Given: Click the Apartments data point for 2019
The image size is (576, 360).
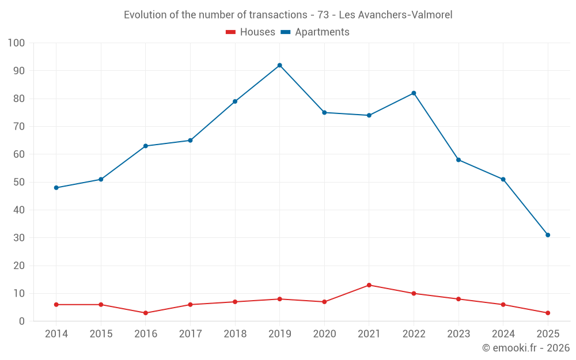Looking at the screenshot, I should click(279, 65).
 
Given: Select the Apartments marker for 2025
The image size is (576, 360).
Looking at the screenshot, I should click(548, 235).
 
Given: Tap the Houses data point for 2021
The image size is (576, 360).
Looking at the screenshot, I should click(369, 285).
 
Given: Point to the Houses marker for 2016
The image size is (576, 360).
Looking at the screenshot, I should click(146, 313).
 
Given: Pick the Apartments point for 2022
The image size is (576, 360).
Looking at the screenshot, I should click(414, 93).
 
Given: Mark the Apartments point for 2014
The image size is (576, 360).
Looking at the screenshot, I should click(56, 188).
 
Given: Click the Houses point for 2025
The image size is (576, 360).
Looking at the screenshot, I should click(548, 313).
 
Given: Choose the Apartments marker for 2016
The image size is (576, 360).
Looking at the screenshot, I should click(146, 146).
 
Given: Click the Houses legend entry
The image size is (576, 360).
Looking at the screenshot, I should click(251, 32).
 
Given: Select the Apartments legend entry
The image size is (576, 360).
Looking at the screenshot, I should click(315, 32).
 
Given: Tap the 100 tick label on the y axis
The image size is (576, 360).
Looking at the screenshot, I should click(17, 43).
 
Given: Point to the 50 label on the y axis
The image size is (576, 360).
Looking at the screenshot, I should click(19, 182).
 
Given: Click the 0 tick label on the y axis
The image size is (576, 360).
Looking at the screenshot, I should click(22, 321).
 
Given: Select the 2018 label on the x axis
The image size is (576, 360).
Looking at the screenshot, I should click(235, 334).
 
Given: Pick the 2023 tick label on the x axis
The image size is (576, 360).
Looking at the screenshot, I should click(458, 334).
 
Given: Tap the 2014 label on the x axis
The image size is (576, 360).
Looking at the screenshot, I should click(56, 334).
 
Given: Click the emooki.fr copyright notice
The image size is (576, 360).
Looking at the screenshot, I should click(526, 348).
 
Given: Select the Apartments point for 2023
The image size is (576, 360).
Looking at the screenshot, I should click(458, 160).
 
